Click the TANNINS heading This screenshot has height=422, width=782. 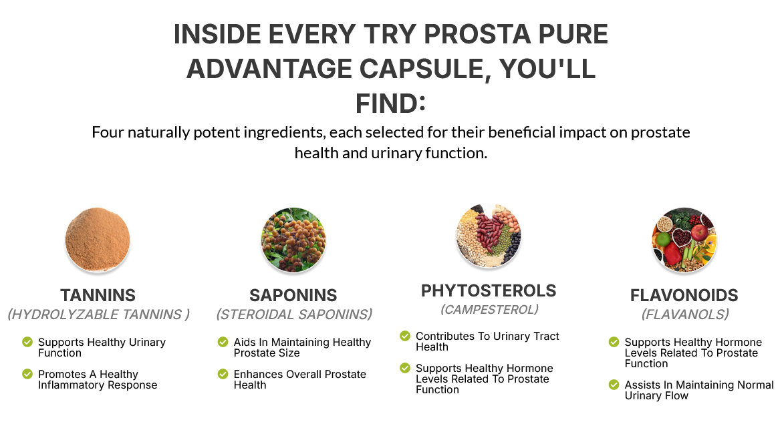pos(98,295)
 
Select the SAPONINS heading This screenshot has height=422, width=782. pos(293,295)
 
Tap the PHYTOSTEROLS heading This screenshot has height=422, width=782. pos(489,290)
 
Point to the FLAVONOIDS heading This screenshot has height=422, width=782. pos(684,295)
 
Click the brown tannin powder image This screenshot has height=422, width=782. pos(98,240)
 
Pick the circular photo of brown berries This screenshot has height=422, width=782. pos(293,240)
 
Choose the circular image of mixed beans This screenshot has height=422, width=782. pos(489,235)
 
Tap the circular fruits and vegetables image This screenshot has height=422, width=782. pos(684,240)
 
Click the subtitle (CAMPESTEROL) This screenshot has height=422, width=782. pos(489,310)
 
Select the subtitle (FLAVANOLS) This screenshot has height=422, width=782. pos(684,314)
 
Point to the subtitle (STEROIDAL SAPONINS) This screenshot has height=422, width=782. pos(293,314)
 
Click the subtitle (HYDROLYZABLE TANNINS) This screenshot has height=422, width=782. pos(98,314)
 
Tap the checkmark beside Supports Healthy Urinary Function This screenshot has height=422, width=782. pos(27,343)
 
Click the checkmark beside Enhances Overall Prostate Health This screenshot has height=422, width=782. pos(223,374)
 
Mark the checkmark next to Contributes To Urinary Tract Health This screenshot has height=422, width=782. pos(405,337)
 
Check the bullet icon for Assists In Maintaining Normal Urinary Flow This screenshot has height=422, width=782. pos(614,385)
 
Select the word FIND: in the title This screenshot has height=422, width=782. pos(390,103)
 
